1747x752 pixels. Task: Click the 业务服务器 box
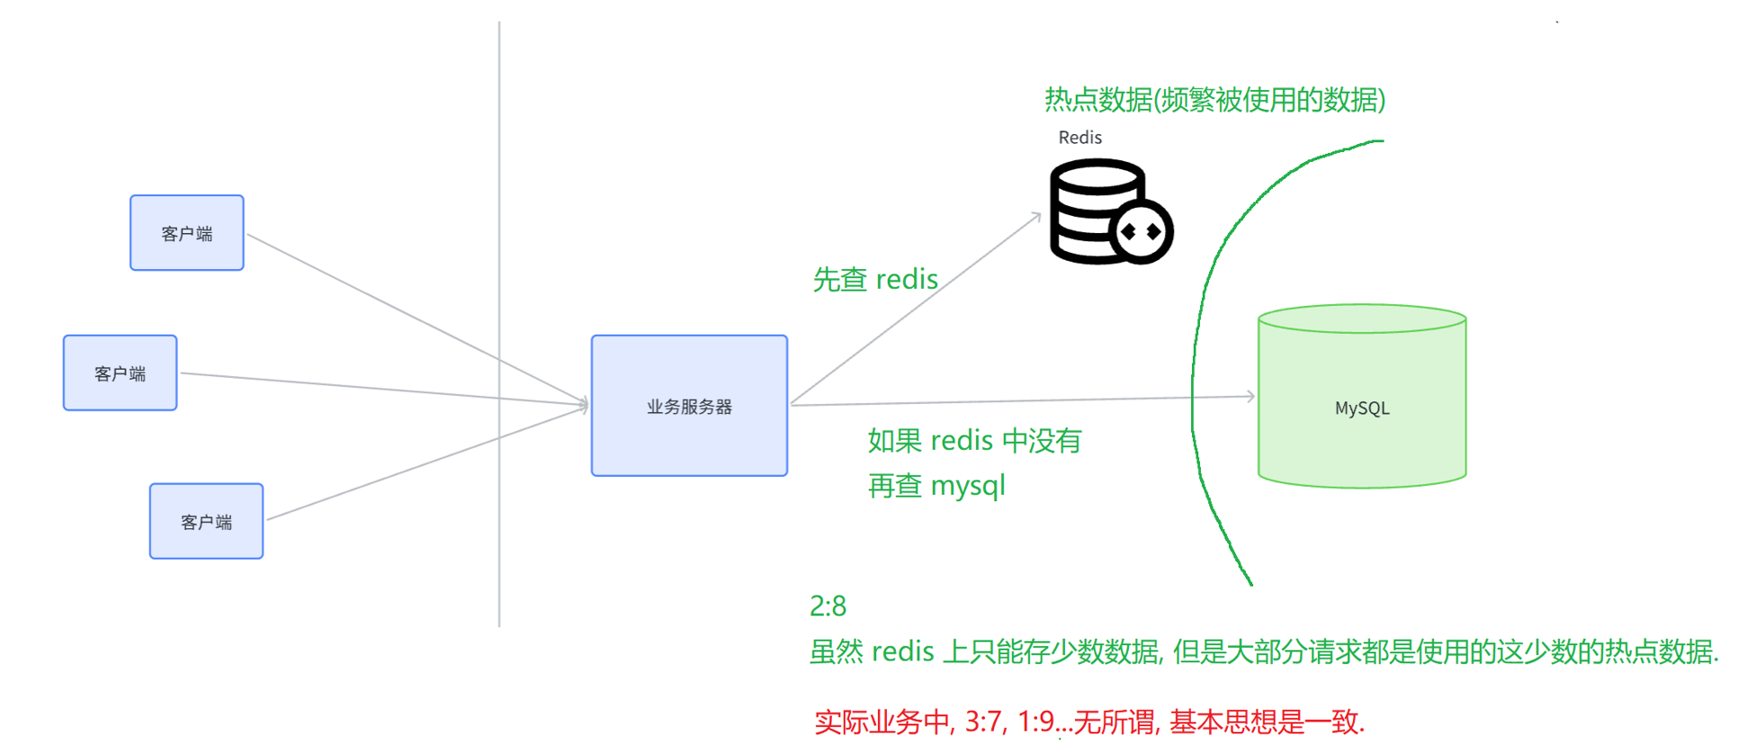[689, 406]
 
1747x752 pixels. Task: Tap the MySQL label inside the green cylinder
[1362, 408]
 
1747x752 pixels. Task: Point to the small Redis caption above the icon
[1080, 138]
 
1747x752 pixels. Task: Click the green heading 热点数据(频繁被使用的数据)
[1214, 100]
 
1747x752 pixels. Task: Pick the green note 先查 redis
[875, 280]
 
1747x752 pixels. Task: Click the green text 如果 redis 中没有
[974, 441]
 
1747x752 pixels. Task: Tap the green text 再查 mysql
[936, 486]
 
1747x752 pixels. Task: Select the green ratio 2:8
[828, 606]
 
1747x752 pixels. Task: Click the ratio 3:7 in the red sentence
[984, 721]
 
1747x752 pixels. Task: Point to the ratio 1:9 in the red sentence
[1035, 721]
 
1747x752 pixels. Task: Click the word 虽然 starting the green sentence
[837, 651]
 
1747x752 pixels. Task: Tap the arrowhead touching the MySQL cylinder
[1250, 396]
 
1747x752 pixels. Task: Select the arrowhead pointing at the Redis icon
[1036, 216]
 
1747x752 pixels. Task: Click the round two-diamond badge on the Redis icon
[1141, 232]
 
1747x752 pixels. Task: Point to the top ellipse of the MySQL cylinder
[1362, 319]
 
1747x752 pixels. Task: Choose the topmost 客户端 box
[187, 233]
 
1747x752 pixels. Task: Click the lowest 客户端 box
[207, 522]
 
